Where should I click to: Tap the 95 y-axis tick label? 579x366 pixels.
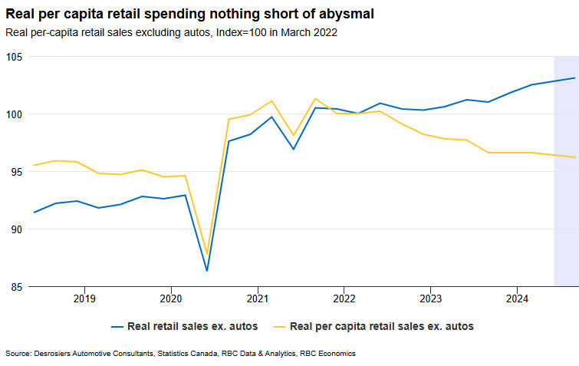16,172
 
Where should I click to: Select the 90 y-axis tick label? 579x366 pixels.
16,229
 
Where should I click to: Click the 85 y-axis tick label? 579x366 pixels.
16,287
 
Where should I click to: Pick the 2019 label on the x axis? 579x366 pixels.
84,298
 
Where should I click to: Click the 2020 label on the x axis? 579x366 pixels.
170,298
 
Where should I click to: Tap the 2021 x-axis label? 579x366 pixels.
257,298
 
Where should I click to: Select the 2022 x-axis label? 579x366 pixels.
344,298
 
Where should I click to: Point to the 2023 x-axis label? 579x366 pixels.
430,298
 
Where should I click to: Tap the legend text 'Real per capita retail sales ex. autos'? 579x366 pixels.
382,326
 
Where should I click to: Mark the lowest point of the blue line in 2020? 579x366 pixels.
207,271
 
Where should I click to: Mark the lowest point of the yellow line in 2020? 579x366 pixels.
207,254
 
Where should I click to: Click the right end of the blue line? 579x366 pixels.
575,77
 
